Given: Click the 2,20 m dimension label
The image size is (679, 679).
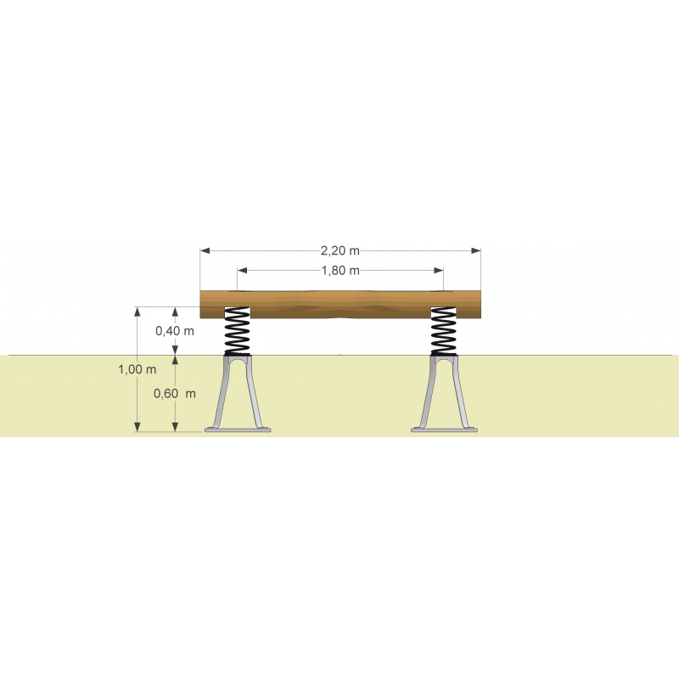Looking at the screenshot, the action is pos(340,250).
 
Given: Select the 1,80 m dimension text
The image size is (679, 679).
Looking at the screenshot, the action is pos(340,271).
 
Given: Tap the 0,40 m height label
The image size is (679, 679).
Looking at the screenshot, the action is pos(175,331).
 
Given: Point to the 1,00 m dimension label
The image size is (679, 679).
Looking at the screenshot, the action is pos(137,369).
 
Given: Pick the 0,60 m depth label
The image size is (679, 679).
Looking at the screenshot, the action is pos(175,393).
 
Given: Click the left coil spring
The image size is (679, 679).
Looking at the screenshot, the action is pos(238,331).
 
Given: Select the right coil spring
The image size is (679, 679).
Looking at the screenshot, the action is pos(443,331).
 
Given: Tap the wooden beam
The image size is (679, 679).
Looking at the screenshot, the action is pos(340,305).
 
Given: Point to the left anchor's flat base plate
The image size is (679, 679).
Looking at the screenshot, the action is pos(238,430).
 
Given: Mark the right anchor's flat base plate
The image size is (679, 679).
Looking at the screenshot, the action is pos(444,430).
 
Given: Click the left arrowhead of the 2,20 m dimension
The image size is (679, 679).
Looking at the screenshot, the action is pos(205,250).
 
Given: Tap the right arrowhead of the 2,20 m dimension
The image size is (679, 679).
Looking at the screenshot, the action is pos(476,250).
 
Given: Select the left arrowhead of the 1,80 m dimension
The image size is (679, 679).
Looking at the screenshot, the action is pos(243,271).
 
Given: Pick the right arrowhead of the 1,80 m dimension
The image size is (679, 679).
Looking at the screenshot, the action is pos(438,271).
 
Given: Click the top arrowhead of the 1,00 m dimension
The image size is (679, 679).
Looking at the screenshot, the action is pos(137,312).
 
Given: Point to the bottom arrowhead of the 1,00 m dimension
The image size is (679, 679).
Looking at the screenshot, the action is pos(137,427).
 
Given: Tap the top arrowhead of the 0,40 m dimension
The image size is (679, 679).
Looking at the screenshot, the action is pos(175,312).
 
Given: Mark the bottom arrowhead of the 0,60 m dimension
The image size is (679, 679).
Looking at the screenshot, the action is pos(175,427).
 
